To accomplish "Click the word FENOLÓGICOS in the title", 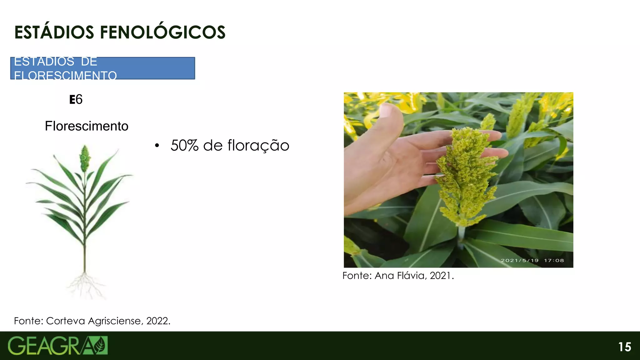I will [x=162, y=32].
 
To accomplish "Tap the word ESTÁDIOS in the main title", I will [x=54, y=32].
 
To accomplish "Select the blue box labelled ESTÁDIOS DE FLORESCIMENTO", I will [x=102, y=68].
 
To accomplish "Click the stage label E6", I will [x=76, y=100].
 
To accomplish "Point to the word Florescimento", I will [x=87, y=126].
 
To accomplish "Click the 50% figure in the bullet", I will [x=184, y=146].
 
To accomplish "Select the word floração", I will [x=258, y=146].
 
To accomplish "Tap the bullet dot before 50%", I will [x=157, y=146].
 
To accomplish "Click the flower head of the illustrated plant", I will [x=84, y=158].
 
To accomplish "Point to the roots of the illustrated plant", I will [x=85, y=284].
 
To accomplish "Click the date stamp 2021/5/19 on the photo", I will [x=520, y=260].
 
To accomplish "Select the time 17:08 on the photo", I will [x=554, y=260].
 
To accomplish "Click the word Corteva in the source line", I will [x=65, y=321].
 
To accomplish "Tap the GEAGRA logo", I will [x=57, y=346].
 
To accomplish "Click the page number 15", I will [x=625, y=347].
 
